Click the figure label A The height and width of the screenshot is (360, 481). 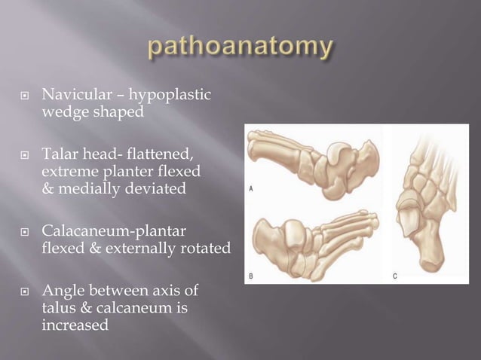click(251, 188)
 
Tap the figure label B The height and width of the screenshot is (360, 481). click(251, 276)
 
